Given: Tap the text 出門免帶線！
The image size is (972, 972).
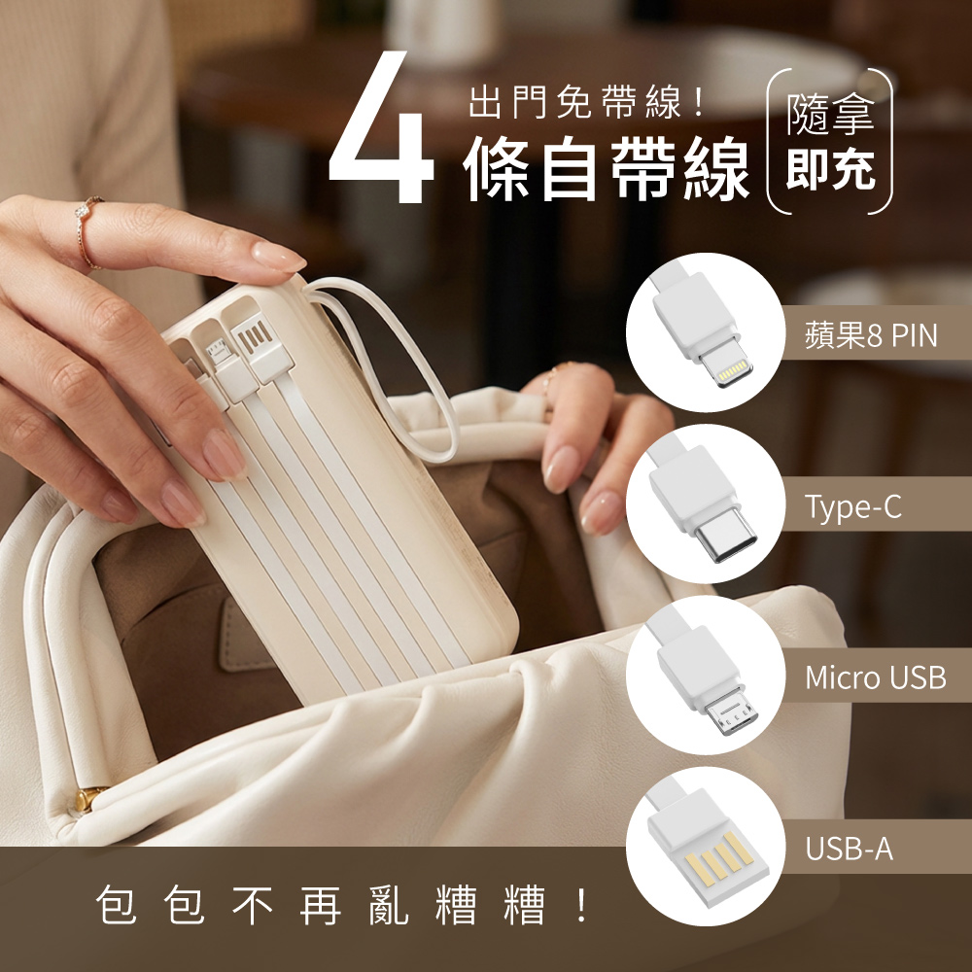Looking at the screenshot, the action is (586, 102).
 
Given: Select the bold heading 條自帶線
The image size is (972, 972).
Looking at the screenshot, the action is (606, 168).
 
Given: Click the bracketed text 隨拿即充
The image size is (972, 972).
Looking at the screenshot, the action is (831, 141).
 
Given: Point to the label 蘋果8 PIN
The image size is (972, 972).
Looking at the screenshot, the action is (871, 335).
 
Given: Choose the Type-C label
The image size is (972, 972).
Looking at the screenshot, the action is (853, 506).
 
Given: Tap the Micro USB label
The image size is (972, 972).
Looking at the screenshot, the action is (876, 677).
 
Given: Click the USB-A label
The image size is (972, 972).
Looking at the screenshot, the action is (850, 849).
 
